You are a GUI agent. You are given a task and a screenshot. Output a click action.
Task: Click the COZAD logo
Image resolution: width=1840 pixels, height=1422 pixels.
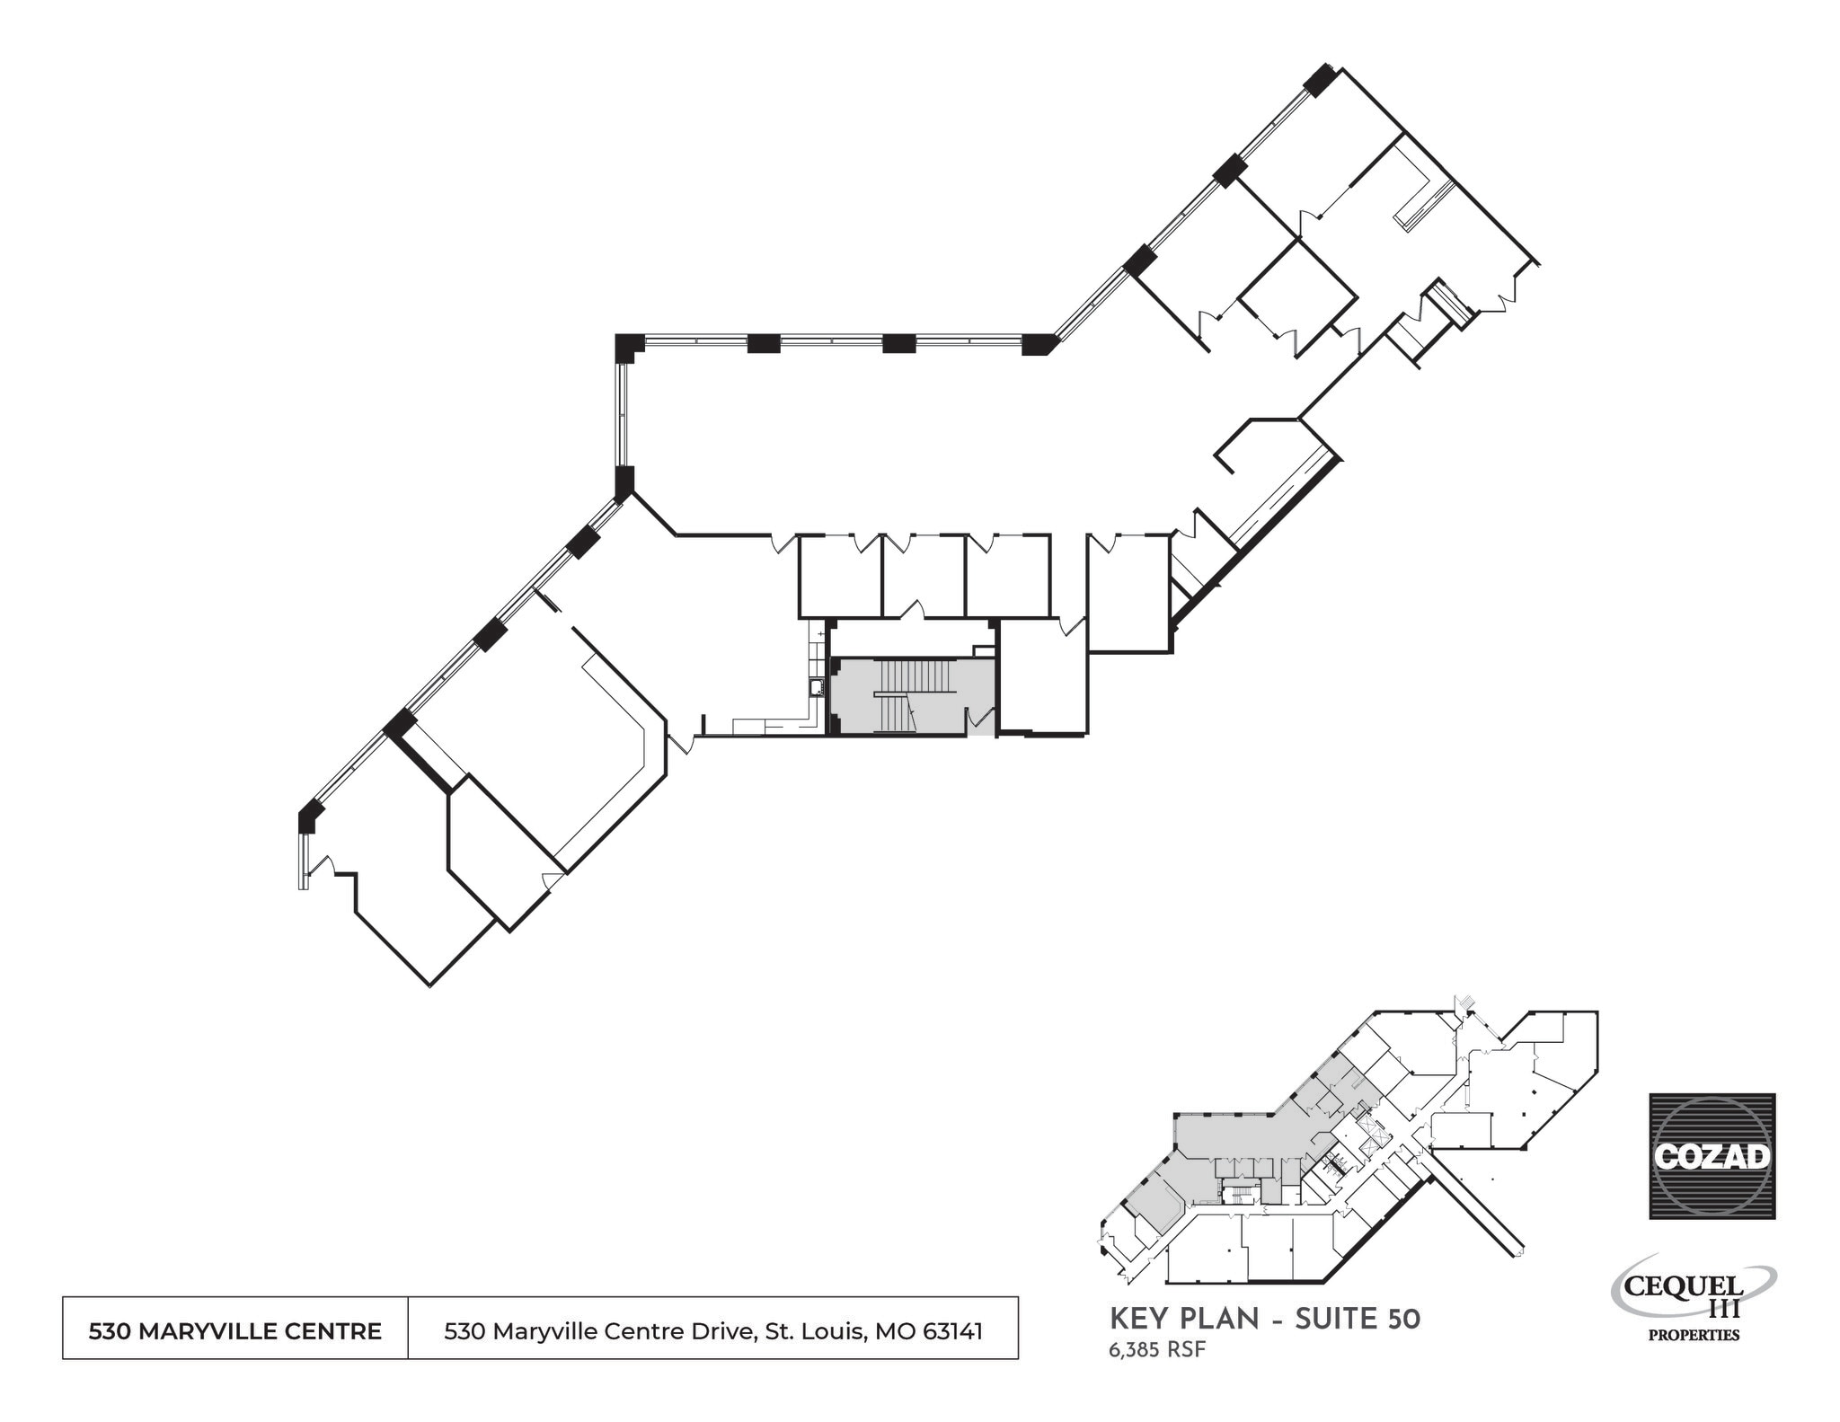(1712, 1155)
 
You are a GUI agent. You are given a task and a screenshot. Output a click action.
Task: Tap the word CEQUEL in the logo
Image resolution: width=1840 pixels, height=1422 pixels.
(1684, 1285)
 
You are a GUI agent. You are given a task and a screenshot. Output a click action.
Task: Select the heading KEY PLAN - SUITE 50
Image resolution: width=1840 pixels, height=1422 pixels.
(1265, 1319)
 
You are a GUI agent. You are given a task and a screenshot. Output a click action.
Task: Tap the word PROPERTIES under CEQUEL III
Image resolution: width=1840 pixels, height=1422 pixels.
(1694, 1335)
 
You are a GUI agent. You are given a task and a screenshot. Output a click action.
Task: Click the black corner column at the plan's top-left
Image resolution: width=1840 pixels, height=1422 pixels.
(629, 347)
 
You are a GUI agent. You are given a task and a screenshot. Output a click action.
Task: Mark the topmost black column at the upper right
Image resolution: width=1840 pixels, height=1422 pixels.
(1320, 80)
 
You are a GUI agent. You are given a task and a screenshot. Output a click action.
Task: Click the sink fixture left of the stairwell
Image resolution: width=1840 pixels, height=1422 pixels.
(818, 688)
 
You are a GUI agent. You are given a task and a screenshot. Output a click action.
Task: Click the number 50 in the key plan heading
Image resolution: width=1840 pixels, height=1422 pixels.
(1404, 1319)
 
